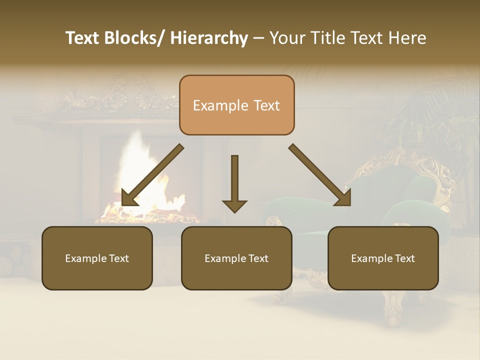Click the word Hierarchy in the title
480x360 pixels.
[209, 38]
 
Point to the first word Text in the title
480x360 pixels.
[83, 38]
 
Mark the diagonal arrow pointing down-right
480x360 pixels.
[320, 175]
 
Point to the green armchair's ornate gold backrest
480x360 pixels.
[425, 170]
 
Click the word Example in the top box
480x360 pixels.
[213, 106]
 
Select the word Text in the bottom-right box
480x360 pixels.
[404, 258]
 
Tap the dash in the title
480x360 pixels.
[258, 38]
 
